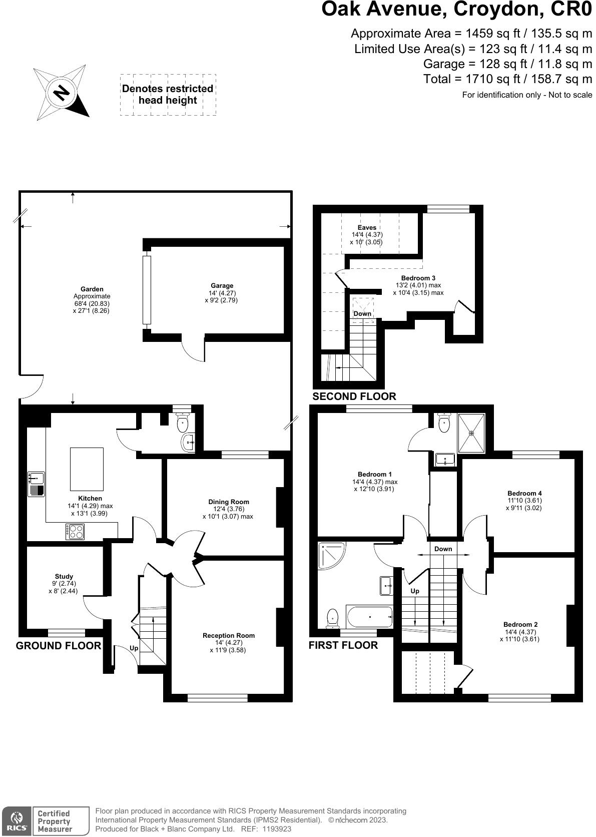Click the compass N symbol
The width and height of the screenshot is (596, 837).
click(62, 93)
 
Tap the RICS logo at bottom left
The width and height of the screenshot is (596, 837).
click(16, 821)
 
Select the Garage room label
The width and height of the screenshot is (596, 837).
click(221, 286)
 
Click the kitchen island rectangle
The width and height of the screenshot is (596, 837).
click(87, 469)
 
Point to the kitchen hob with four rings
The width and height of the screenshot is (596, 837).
click(75, 531)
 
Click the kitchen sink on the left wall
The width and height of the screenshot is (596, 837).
click(37, 484)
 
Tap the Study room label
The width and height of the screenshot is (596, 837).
click(64, 576)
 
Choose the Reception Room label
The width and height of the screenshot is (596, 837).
click(228, 635)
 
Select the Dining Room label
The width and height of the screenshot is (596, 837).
click(228, 502)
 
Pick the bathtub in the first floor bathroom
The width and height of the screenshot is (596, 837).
click(369, 617)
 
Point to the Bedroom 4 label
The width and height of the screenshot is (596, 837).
click(524, 493)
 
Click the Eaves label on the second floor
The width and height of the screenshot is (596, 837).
click(367, 227)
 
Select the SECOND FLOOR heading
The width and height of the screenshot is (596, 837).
click(354, 396)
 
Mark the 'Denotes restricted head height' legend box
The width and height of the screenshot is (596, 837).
click(168, 95)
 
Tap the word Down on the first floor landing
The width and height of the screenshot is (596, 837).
click(443, 549)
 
